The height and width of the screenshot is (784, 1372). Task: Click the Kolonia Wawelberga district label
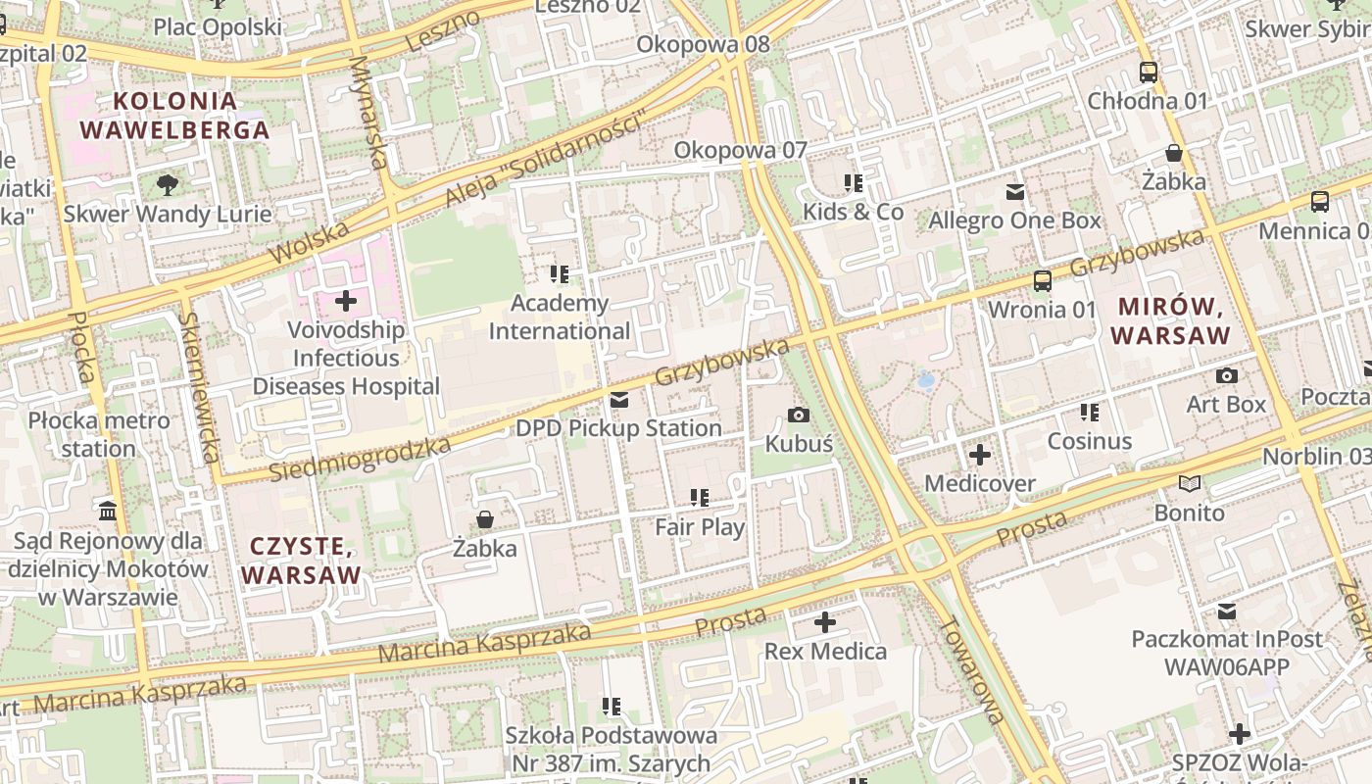coord(174,115)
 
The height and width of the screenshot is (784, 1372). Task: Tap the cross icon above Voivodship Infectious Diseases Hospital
coord(346,301)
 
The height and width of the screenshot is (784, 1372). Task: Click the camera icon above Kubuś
coord(799,415)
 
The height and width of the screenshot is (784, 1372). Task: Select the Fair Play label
coord(700,527)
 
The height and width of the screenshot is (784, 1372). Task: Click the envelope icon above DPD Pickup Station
coord(619,400)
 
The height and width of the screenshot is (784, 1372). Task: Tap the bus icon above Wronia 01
coord(1042,281)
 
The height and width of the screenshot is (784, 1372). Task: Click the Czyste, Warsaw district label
coord(302,561)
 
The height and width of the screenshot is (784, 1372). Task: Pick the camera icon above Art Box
coord(1226,375)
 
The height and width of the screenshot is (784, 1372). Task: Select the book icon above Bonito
coord(1190,484)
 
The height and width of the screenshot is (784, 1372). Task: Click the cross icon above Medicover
coord(980,455)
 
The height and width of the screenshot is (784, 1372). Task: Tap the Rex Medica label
coord(825,652)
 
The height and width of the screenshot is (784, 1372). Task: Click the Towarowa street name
coord(971,670)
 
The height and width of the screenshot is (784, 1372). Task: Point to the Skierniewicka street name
coord(200,387)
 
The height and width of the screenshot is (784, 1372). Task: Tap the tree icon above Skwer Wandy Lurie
coord(168,184)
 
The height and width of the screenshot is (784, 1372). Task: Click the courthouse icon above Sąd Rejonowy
coord(108,512)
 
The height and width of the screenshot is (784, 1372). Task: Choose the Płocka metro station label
coord(98,435)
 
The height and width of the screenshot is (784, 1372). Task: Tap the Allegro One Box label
coord(1015,220)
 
